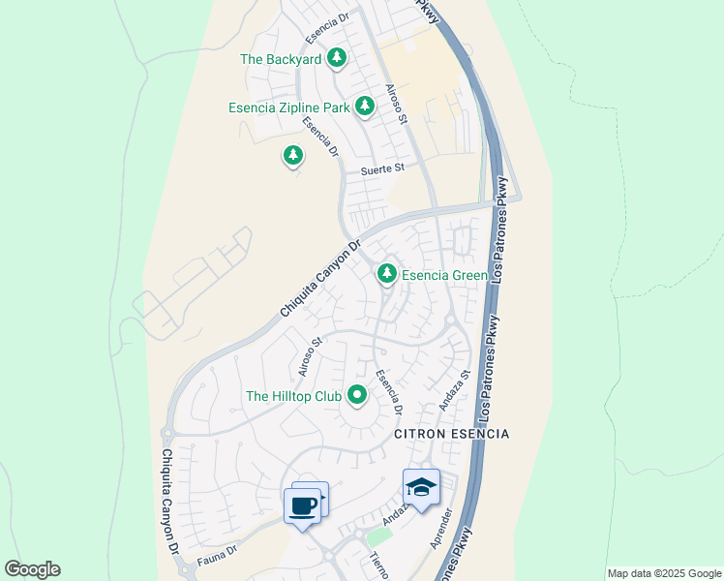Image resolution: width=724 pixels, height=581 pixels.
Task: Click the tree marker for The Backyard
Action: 336,58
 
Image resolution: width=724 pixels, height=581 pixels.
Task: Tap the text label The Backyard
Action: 281,59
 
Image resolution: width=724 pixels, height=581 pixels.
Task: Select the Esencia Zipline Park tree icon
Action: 364,106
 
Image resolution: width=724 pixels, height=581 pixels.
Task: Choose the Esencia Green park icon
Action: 387,274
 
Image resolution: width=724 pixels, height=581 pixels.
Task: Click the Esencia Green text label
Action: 444,275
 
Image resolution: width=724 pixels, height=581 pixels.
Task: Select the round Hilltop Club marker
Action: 357,394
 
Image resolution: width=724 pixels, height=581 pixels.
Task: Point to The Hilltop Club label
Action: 294,395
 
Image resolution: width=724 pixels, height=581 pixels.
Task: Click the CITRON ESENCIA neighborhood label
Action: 451,435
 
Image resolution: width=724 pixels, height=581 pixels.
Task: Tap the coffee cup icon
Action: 302,505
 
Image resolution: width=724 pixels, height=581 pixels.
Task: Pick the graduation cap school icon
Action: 422,487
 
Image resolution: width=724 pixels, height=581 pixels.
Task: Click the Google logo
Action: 32,569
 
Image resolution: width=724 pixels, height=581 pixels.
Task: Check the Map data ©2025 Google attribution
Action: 664,573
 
